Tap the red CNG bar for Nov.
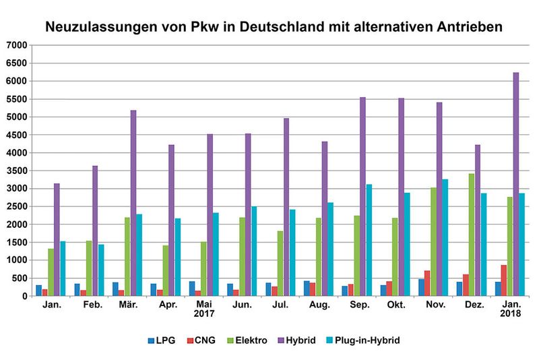tap(427, 283)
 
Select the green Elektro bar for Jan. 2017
tap(51, 272)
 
